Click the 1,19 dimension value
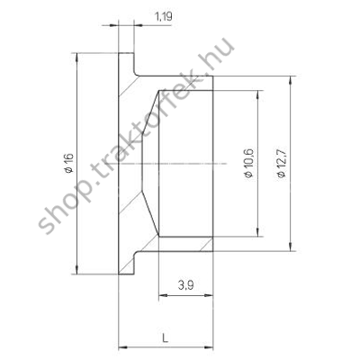[x=164, y=17]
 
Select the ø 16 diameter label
[x=69, y=163]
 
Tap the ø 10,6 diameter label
[x=249, y=163]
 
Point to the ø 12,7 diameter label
[x=282, y=163]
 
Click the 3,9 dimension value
[x=185, y=285]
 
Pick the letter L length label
[x=165, y=338]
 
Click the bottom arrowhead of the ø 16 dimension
[x=77, y=269]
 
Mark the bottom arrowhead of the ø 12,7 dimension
[x=290, y=246]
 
